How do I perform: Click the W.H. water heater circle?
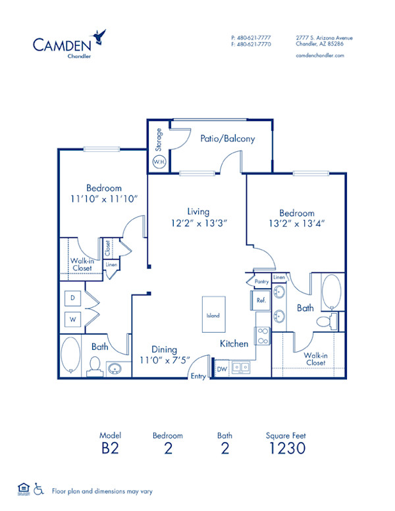pos(159,161)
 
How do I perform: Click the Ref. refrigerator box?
pos(260,300)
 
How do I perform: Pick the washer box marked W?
pos(72,320)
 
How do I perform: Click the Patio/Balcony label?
pos(227,139)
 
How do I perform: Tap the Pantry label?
pos(261,281)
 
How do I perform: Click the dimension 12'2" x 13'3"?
pos(197,223)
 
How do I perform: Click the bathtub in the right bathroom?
pos(330,291)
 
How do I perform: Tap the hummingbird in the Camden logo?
pos(99,35)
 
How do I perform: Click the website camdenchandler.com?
pos(321,56)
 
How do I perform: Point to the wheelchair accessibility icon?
pos(38,489)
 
